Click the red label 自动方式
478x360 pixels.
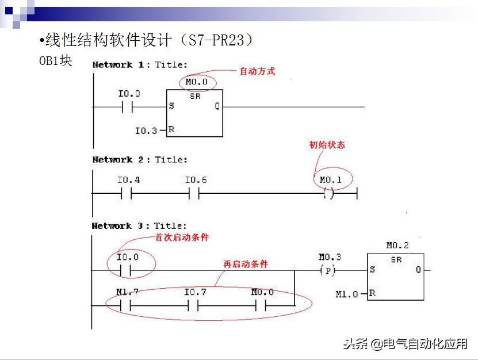(x=257, y=71)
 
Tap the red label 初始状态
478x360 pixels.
(x=327, y=145)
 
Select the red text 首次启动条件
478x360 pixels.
(x=182, y=237)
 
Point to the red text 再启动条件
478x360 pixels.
(x=246, y=265)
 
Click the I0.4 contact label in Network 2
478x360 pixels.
(x=129, y=180)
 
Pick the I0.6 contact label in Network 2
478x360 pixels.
(x=196, y=180)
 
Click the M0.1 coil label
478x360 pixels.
(x=331, y=180)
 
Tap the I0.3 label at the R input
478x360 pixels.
(x=146, y=131)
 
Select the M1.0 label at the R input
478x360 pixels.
(x=346, y=294)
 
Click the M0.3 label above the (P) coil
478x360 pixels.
(x=330, y=257)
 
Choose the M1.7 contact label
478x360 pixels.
(x=127, y=292)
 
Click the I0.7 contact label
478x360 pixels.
(x=195, y=292)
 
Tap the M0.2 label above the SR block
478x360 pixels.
(x=397, y=246)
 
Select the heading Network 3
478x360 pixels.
(x=117, y=226)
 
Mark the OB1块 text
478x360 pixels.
(x=55, y=61)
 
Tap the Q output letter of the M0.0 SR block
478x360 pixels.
(x=217, y=106)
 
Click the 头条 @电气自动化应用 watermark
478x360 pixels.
(x=406, y=344)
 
